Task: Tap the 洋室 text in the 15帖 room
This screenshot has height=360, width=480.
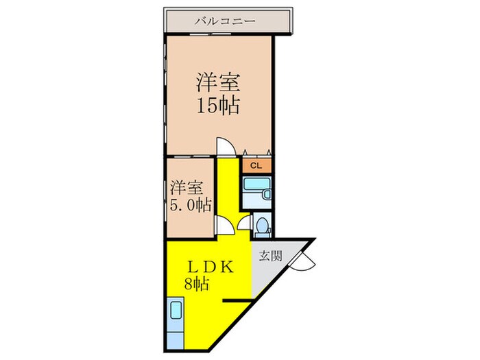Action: tap(219, 84)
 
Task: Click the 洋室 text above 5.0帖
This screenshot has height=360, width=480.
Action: tap(187, 187)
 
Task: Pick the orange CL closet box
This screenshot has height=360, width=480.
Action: tap(256, 165)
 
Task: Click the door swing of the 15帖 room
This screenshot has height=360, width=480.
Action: tap(226, 146)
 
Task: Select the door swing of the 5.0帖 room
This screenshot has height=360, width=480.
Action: tap(224, 227)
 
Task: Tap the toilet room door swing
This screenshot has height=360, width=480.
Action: tap(245, 221)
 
